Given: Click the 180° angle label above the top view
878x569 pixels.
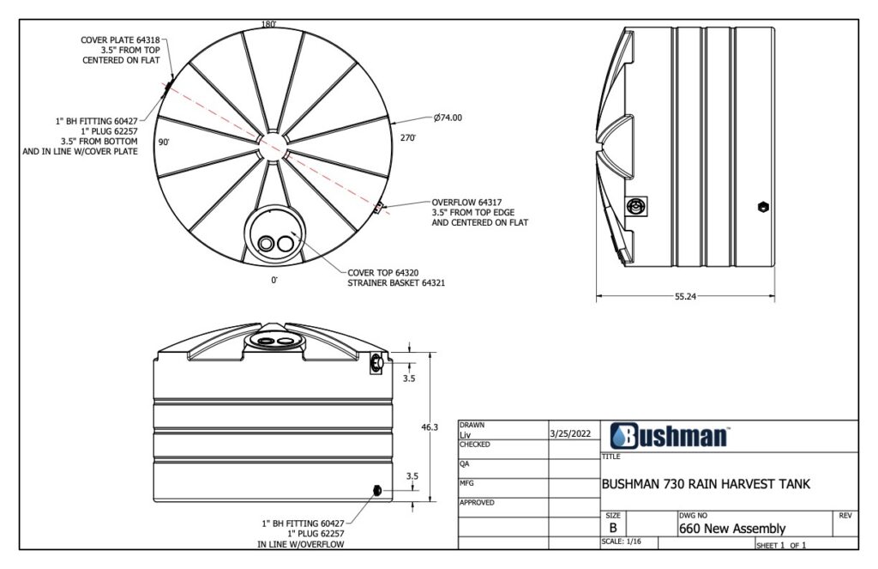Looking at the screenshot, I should [x=269, y=25].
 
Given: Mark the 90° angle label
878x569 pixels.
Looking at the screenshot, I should [x=163, y=141].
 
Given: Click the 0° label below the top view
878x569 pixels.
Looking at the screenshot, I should [x=274, y=280].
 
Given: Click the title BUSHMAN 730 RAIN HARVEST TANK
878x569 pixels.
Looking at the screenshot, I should [x=706, y=484].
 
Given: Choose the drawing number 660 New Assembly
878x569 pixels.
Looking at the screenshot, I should [x=731, y=529].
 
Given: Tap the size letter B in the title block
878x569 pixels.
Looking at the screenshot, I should [x=613, y=528].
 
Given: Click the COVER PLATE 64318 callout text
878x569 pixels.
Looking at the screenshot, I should [x=120, y=39].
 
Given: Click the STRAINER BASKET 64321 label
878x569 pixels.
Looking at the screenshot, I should [x=396, y=281].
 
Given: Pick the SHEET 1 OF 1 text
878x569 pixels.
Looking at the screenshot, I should [x=781, y=545].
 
